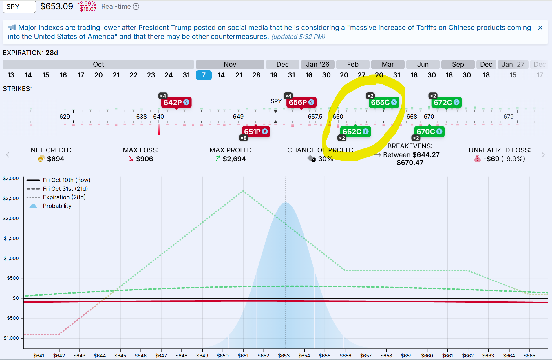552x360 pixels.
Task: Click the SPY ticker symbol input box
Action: (x=19, y=7)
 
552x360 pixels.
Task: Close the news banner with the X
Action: (x=540, y=28)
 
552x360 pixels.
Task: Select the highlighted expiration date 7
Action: (x=204, y=75)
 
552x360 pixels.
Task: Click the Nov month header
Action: (x=230, y=64)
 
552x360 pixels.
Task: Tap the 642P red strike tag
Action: (x=176, y=102)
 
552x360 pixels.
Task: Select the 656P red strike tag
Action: (x=301, y=102)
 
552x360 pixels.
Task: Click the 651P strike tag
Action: (x=256, y=132)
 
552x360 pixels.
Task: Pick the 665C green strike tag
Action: (x=384, y=102)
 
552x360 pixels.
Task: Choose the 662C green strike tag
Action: (x=355, y=132)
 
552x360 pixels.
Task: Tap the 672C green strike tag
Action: (x=446, y=102)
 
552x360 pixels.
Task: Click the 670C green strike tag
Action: (x=429, y=132)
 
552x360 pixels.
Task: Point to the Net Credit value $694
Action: (x=56, y=159)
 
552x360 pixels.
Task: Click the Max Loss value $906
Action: (x=145, y=159)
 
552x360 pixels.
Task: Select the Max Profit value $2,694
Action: (x=234, y=159)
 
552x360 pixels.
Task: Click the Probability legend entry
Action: (x=57, y=206)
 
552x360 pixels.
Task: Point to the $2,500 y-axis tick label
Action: (x=11, y=199)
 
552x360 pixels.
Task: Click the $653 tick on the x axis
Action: (x=284, y=356)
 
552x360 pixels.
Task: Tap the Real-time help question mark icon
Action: (x=136, y=7)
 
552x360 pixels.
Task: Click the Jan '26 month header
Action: (x=318, y=64)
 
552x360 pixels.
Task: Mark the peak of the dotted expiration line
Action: (x=243, y=191)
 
